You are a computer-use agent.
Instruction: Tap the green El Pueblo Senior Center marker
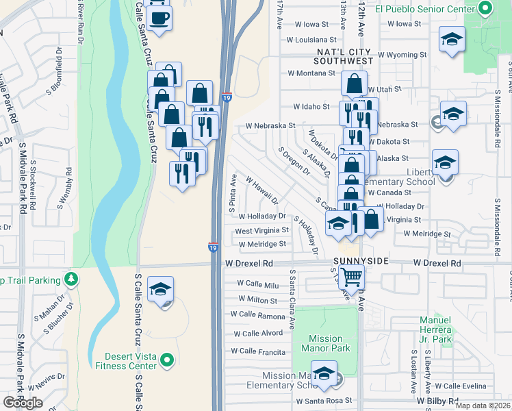485,10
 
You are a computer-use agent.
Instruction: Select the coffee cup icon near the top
159,18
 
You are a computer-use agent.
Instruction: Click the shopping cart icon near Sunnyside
351,277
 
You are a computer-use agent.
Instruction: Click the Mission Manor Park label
326,343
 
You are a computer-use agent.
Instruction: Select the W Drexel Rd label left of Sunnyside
249,263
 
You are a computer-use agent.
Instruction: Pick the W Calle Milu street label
259,284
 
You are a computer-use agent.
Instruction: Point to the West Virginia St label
261,231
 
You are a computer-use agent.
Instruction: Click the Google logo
23,403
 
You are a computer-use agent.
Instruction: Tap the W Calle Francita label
258,351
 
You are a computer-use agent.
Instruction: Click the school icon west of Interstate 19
160,290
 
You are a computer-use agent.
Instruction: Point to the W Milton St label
258,300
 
